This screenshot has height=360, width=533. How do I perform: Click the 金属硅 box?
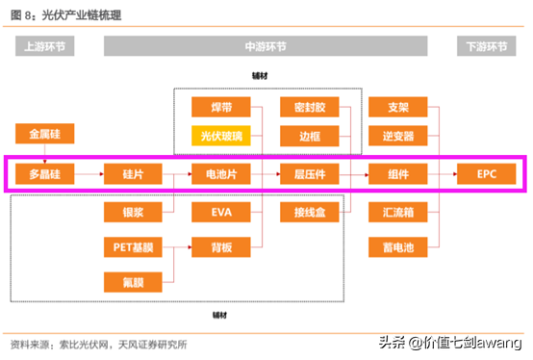45,133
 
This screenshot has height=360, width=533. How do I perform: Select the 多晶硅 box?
45,175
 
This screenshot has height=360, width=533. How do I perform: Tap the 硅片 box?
134,175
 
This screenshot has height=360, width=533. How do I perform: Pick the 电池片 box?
221,175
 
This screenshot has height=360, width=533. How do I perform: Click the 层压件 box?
310,175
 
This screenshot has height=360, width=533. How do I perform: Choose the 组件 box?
398,175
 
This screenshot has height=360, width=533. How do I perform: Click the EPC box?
487,175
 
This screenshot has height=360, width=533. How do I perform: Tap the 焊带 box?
221,107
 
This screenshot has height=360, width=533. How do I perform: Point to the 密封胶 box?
310,107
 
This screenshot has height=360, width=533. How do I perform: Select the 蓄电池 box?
398,247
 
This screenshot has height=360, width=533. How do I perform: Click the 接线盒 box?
310,210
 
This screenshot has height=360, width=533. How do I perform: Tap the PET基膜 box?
134,247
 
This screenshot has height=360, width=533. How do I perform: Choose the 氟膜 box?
134,281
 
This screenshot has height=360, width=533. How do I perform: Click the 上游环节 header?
45,46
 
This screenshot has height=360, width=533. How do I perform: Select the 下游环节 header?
487,46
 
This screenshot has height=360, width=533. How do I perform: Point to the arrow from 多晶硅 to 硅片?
89,175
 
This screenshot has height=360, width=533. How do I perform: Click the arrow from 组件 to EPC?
443,175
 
